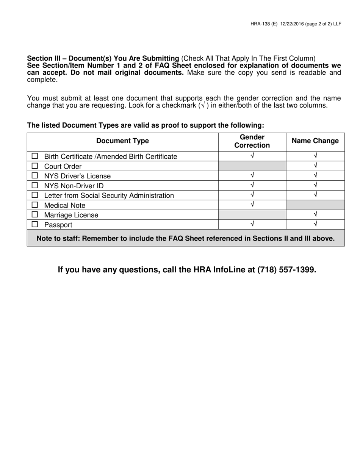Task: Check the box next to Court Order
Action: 35,166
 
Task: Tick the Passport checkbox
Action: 35,224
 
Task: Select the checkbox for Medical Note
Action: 35,205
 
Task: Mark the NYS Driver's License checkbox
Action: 35,176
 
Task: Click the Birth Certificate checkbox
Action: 35,156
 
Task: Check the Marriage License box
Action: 35,215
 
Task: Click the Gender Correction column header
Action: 252,141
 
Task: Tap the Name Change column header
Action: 315,141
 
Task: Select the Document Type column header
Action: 122,141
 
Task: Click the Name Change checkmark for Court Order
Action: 315,166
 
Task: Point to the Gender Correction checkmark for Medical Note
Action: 252,205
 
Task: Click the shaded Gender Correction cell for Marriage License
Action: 252,215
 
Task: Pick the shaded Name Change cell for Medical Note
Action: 315,205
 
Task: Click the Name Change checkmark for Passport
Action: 315,224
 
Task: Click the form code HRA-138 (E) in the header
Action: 264,24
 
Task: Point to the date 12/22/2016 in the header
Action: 293,24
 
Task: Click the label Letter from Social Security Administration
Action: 109,195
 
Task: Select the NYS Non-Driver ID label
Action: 74,186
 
